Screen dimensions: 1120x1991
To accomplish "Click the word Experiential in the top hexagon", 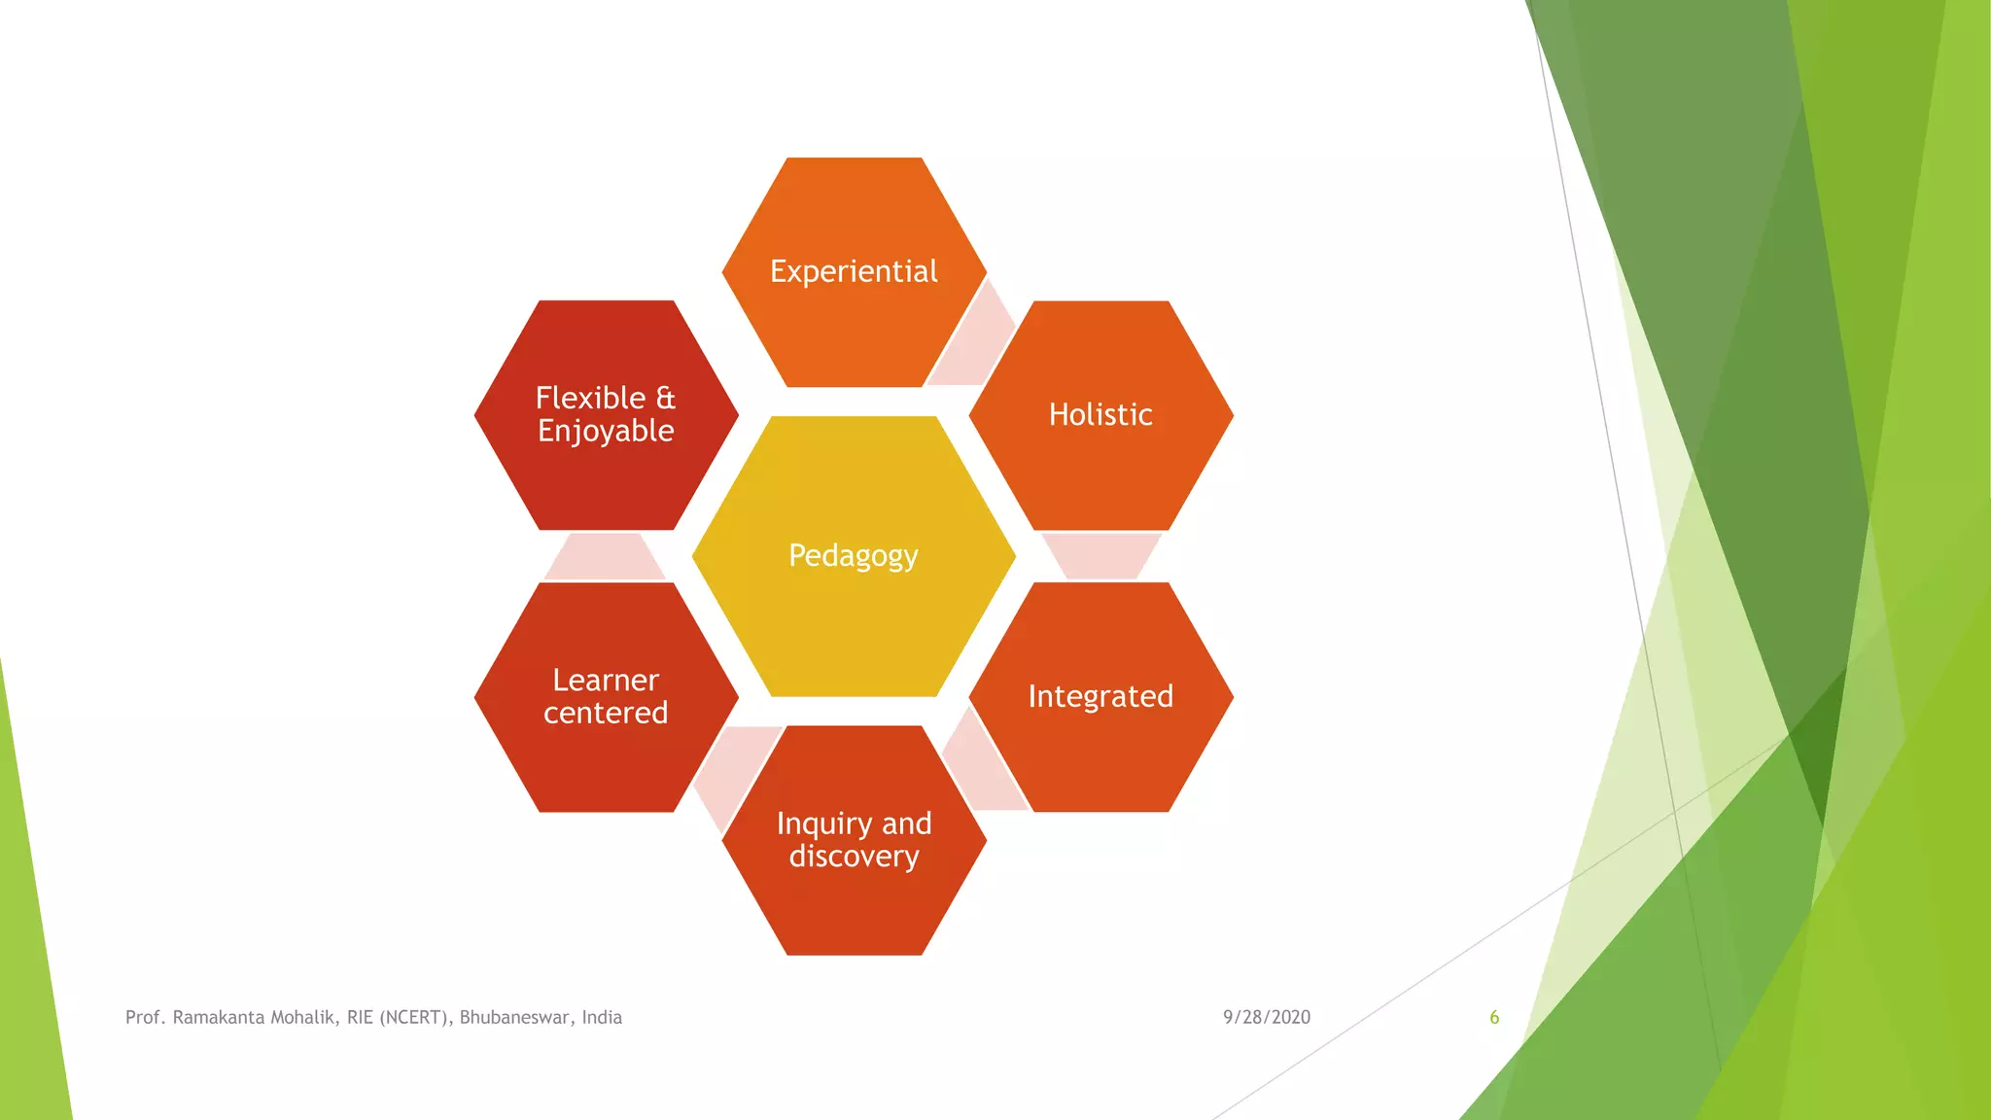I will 854,271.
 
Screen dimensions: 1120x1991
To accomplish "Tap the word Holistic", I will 1100,415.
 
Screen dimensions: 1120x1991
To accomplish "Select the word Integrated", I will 1100,696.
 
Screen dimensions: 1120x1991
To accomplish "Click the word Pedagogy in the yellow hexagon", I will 854,555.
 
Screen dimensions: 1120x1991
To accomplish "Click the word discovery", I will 854,857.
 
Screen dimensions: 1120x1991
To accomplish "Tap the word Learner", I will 606,680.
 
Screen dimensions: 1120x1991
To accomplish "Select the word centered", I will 606,713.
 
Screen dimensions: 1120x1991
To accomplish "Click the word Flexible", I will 590,398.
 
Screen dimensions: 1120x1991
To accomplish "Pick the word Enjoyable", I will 606,431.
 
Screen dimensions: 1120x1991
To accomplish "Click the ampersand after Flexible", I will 666,398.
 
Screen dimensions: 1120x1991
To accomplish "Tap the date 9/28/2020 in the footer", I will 1266,1017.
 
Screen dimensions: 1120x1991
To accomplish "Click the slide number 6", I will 1494,1017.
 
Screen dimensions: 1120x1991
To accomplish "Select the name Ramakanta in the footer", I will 219,1017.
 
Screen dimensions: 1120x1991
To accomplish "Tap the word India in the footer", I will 602,1017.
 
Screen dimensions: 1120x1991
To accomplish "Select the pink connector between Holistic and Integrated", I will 1100,555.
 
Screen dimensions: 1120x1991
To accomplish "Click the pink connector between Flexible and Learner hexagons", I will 605,556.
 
